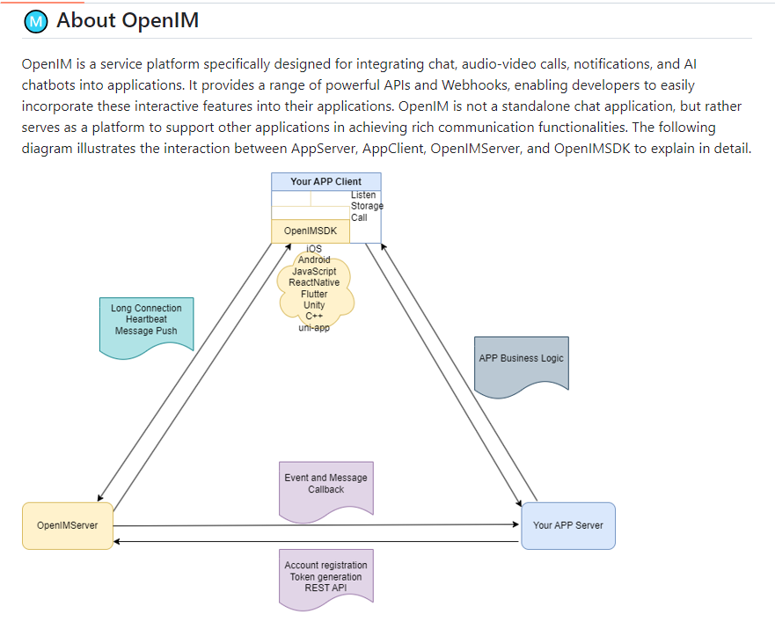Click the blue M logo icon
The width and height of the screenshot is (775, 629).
[35, 21]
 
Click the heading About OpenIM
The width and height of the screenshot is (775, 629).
[128, 20]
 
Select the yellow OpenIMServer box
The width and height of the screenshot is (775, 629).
[68, 525]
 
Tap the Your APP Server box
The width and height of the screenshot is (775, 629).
[568, 525]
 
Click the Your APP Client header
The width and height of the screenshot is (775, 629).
[325, 181]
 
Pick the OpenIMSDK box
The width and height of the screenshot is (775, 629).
[310, 230]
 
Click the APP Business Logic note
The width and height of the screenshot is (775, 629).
[521, 359]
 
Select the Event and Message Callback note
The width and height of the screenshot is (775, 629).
[325, 484]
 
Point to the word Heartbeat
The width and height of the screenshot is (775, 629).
[146, 319]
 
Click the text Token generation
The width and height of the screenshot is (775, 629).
[325, 577]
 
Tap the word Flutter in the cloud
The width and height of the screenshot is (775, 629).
[314, 294]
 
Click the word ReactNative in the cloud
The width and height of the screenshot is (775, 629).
[314, 282]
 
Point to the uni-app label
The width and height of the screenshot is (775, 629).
[314, 328]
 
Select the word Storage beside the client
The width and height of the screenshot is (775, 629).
[367, 206]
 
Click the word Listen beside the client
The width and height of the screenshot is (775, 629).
[363, 194]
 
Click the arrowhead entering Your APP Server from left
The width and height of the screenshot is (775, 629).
[516, 525]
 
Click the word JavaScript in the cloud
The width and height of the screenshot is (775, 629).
[314, 271]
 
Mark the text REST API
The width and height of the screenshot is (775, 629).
[325, 588]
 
